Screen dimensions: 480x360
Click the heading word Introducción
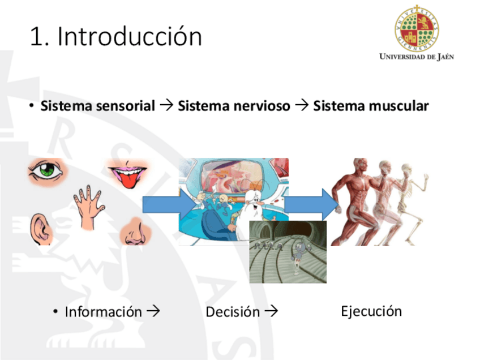130,36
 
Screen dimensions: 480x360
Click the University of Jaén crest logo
417,28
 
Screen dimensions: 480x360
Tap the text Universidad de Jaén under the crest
417,57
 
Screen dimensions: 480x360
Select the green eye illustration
46,171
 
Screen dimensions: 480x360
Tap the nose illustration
135,232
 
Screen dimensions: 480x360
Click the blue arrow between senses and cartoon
168,204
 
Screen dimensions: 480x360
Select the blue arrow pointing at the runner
311,204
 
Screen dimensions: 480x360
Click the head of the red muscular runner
361,166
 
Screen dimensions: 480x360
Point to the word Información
103,312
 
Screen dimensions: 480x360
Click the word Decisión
233,312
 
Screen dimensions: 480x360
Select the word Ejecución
371,312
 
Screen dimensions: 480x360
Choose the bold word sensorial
126,106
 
